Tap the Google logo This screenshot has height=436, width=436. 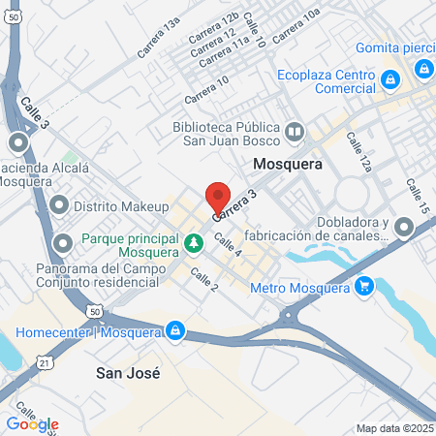[32, 423]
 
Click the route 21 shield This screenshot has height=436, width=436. [45, 360]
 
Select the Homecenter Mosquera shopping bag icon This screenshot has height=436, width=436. [174, 330]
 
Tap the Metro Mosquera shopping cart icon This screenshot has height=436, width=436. [363, 287]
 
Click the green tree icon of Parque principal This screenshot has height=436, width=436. [194, 240]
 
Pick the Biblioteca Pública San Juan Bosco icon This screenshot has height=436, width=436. [296, 130]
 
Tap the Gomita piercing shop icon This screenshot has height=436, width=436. [422, 69]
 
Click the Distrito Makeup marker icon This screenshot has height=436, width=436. [61, 206]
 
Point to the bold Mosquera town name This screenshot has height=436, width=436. [286, 165]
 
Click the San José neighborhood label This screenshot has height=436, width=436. [127, 372]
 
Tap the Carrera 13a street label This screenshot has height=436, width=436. [159, 44]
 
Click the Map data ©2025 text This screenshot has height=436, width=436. [394, 427]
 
